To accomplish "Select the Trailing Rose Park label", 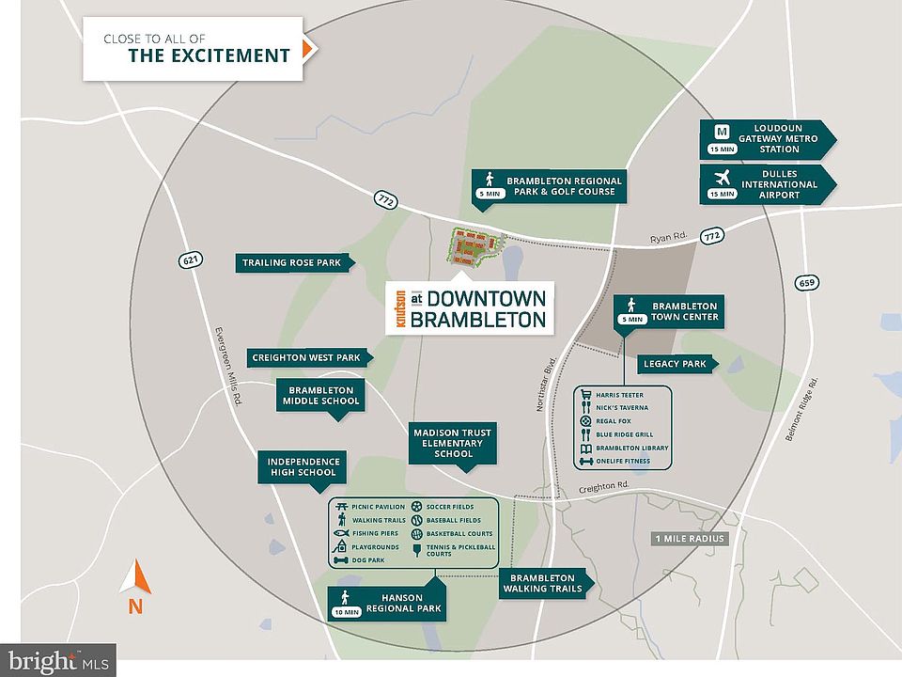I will point(291,263).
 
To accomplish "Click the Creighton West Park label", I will point(307,357).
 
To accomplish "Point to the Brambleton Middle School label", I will point(320,395).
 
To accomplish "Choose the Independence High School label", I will point(302,466).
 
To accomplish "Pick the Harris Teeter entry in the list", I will point(620,395).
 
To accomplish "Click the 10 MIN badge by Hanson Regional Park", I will point(347,612).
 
